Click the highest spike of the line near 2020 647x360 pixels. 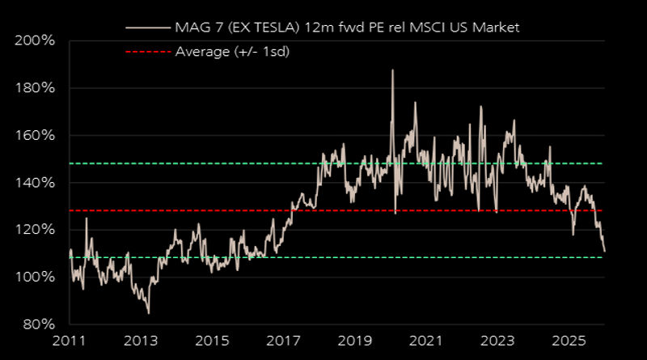coord(392,70)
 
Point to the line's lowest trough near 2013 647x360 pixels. coord(148,313)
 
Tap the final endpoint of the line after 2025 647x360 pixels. coord(604,252)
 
